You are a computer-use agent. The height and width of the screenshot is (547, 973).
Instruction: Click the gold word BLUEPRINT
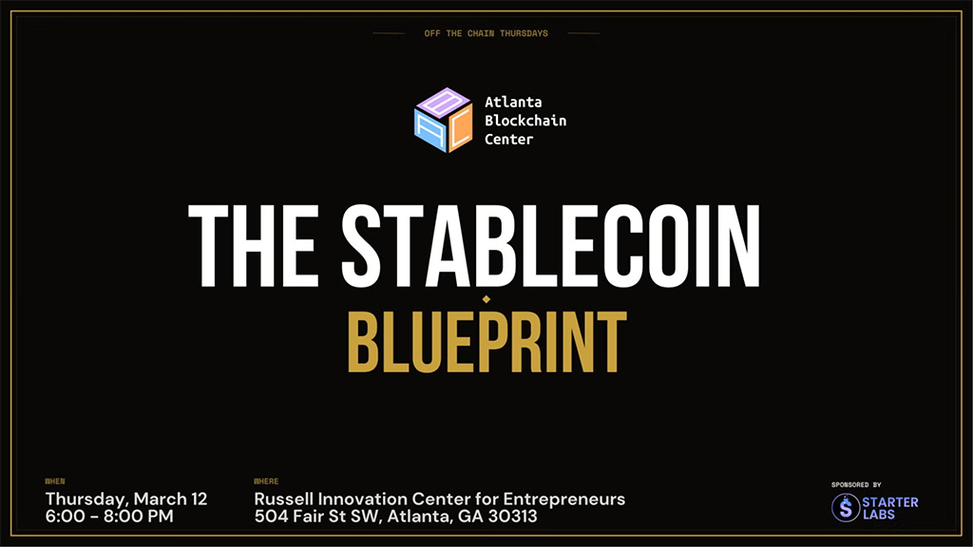tap(486, 341)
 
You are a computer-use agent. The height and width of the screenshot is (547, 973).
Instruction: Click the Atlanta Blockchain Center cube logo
tap(443, 120)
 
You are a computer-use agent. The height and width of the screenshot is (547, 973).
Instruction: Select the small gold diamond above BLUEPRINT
tap(486, 299)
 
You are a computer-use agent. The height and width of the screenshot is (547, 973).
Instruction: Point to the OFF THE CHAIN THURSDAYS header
tap(486, 33)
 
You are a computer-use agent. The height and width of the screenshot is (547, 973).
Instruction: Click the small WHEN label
tap(54, 481)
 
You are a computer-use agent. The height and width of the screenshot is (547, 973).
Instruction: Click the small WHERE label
tap(266, 481)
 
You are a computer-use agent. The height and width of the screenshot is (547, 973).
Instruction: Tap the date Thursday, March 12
tap(125, 499)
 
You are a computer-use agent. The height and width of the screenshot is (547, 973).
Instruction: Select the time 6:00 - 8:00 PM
tap(109, 517)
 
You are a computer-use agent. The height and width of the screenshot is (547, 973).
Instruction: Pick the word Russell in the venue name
tap(284, 499)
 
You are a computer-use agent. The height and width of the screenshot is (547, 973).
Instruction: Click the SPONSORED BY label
tap(856, 484)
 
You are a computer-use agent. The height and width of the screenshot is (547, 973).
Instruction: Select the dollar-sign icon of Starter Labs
tap(845, 507)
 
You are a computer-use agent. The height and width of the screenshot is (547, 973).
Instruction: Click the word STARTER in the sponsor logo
tap(890, 501)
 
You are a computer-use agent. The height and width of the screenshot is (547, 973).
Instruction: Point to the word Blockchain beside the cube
tap(525, 120)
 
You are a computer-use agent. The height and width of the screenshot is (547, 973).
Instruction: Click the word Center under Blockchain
tap(509, 139)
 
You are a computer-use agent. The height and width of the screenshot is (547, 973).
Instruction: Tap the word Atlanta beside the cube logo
tap(513, 101)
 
